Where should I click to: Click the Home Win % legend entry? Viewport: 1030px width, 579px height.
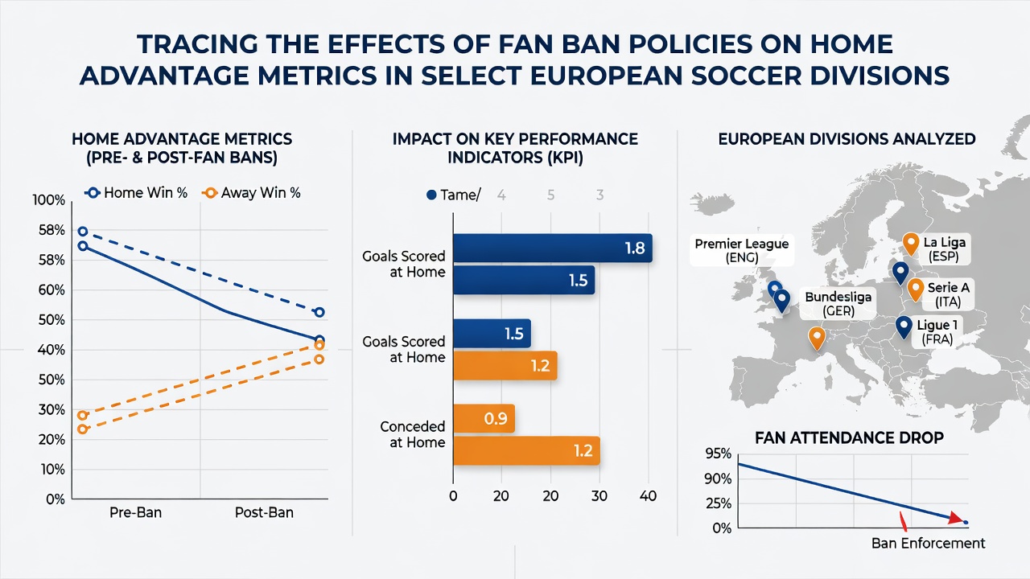pyautogui.click(x=136, y=192)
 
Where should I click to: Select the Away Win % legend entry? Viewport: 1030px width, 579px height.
pyautogui.click(x=251, y=192)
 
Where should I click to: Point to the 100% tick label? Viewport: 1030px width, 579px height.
pyautogui.click(x=49, y=200)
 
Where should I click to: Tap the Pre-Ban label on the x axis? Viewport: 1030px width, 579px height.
pyautogui.click(x=136, y=512)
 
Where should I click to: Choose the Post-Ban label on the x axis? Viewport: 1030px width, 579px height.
pyautogui.click(x=264, y=512)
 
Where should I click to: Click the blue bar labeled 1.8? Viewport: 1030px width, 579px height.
pyautogui.click(x=553, y=248)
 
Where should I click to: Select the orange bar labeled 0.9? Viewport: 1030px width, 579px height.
pyautogui.click(x=484, y=419)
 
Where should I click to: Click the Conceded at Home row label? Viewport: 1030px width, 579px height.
pyautogui.click(x=413, y=434)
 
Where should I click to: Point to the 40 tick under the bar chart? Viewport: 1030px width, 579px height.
pyautogui.click(x=648, y=496)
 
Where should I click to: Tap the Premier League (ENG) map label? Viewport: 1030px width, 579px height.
pyautogui.click(x=742, y=250)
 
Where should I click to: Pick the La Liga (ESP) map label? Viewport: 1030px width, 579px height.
pyautogui.click(x=945, y=249)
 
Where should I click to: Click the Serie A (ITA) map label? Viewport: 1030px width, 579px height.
pyautogui.click(x=948, y=294)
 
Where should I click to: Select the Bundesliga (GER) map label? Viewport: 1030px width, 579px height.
pyautogui.click(x=838, y=304)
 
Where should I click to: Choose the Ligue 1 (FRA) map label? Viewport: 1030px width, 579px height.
pyautogui.click(x=937, y=332)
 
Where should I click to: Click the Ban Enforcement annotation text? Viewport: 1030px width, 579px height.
pyautogui.click(x=929, y=543)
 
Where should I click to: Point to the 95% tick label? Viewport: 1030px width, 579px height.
pyautogui.click(x=718, y=454)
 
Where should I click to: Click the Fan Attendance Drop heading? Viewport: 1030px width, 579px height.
pyautogui.click(x=849, y=437)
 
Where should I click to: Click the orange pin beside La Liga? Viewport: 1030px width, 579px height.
pyautogui.click(x=911, y=244)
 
